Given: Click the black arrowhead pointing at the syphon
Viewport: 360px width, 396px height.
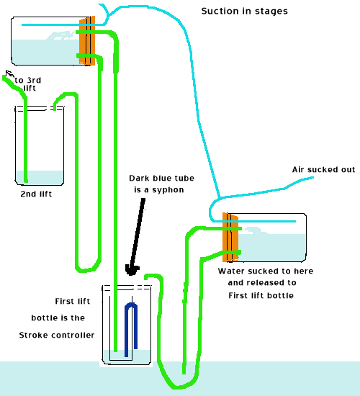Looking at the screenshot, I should click(131, 270).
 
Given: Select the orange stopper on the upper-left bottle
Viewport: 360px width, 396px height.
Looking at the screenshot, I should click(87, 41).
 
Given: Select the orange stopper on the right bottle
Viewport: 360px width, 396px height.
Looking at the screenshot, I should click(230, 237).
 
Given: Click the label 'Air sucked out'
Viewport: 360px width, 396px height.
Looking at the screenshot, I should click(323, 169).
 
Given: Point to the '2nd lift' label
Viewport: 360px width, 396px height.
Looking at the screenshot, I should click(37, 194).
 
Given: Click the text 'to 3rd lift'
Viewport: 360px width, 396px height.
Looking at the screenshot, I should click(27, 84).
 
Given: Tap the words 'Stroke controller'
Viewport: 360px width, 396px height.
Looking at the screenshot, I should click(56, 335).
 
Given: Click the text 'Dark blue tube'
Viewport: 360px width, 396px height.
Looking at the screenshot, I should click(159, 178).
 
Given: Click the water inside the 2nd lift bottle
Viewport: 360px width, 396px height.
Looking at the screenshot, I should click(40, 177).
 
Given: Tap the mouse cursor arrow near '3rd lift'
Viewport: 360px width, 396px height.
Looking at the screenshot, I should click(8, 74).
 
